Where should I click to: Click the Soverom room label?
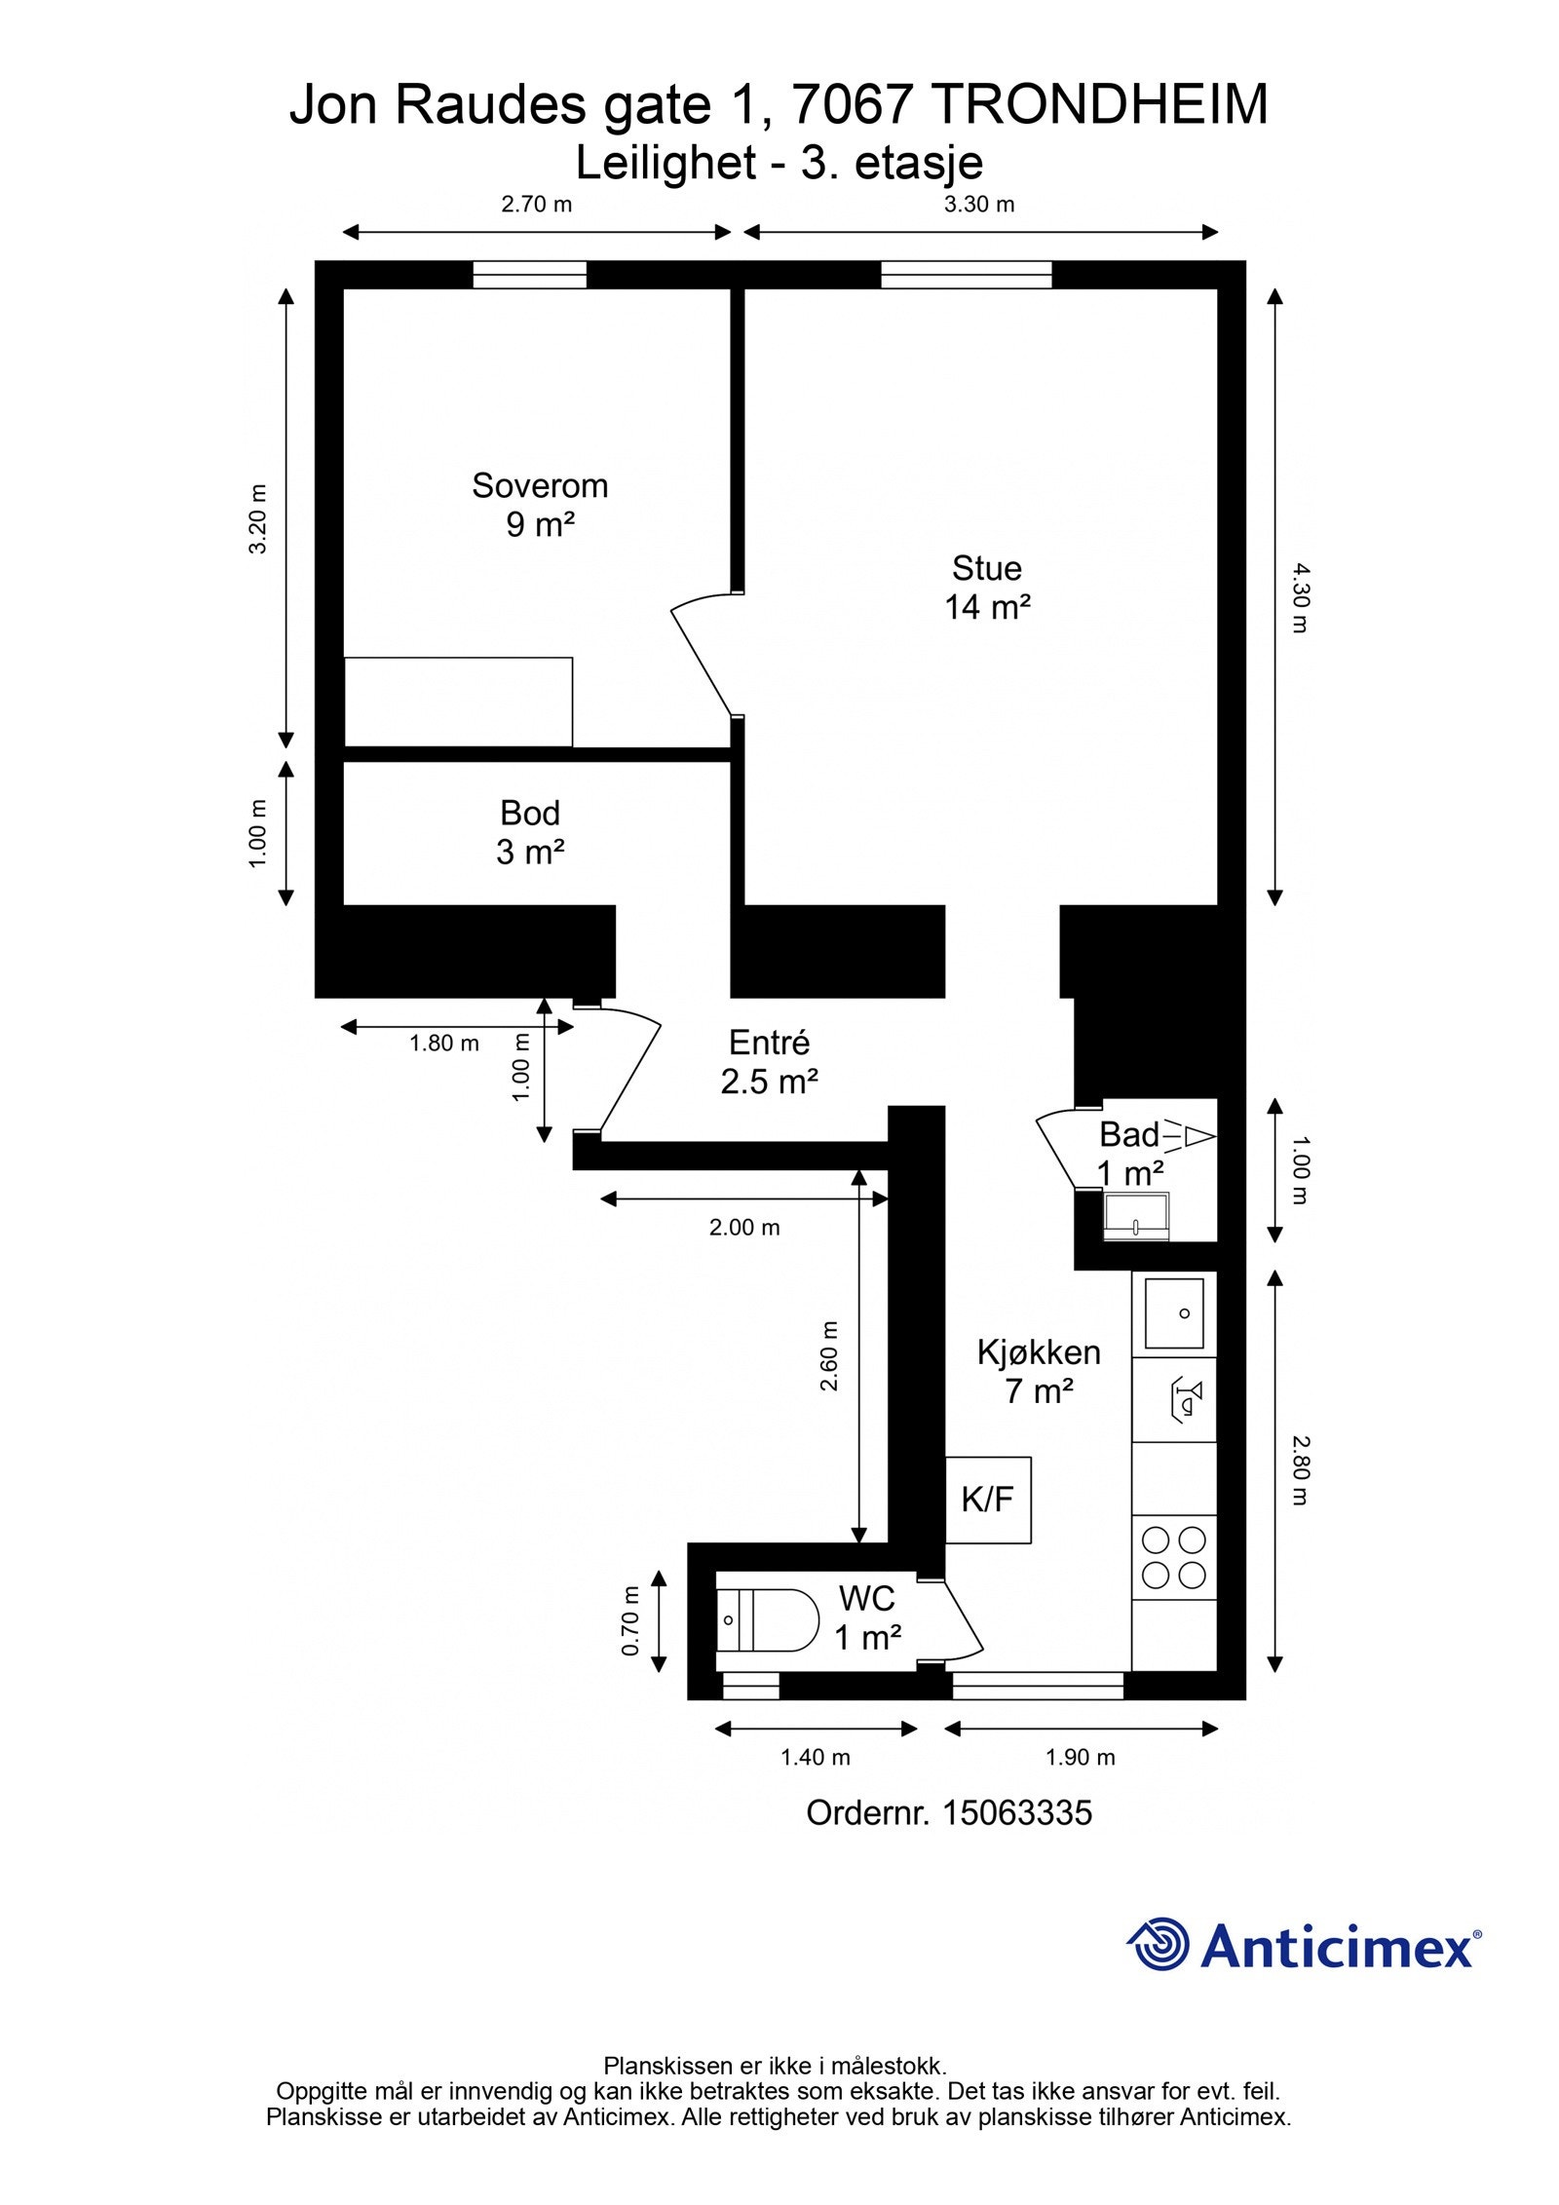tap(539, 485)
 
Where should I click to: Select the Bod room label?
tap(529, 813)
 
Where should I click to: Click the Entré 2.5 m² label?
tap(769, 1062)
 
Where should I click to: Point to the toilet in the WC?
tap(767, 1619)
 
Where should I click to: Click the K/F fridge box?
tap(987, 1500)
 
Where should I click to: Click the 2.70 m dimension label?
tap(536, 205)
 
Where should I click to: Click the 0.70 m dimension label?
tap(630, 1621)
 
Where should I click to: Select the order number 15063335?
tap(1016, 1813)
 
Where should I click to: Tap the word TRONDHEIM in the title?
tap(1101, 105)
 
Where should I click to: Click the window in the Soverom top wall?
tap(529, 275)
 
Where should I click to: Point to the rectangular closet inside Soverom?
tap(458, 702)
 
